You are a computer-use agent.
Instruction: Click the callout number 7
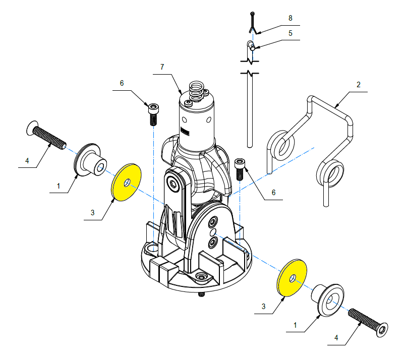tap(162, 67)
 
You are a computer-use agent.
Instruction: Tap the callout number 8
tap(291, 18)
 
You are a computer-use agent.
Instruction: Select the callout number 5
tap(291, 33)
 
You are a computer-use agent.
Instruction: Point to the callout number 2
tap(359, 85)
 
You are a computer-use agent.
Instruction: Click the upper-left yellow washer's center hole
tap(127, 183)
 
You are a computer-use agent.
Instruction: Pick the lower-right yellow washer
tap(292, 278)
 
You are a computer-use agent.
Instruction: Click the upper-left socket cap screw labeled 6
tap(153, 114)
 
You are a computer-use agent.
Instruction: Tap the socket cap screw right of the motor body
tap(240, 169)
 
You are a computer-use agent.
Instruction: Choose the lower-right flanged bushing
tap(328, 300)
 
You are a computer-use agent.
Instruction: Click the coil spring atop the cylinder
tap(197, 91)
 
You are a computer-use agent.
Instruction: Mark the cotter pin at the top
tap(253, 23)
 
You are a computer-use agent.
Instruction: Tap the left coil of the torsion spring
tap(281, 145)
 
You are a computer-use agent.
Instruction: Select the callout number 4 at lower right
tap(336, 338)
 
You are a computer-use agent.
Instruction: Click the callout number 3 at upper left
tap(92, 213)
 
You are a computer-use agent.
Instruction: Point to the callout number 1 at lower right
tap(295, 325)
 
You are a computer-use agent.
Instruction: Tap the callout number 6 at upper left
tap(122, 83)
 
